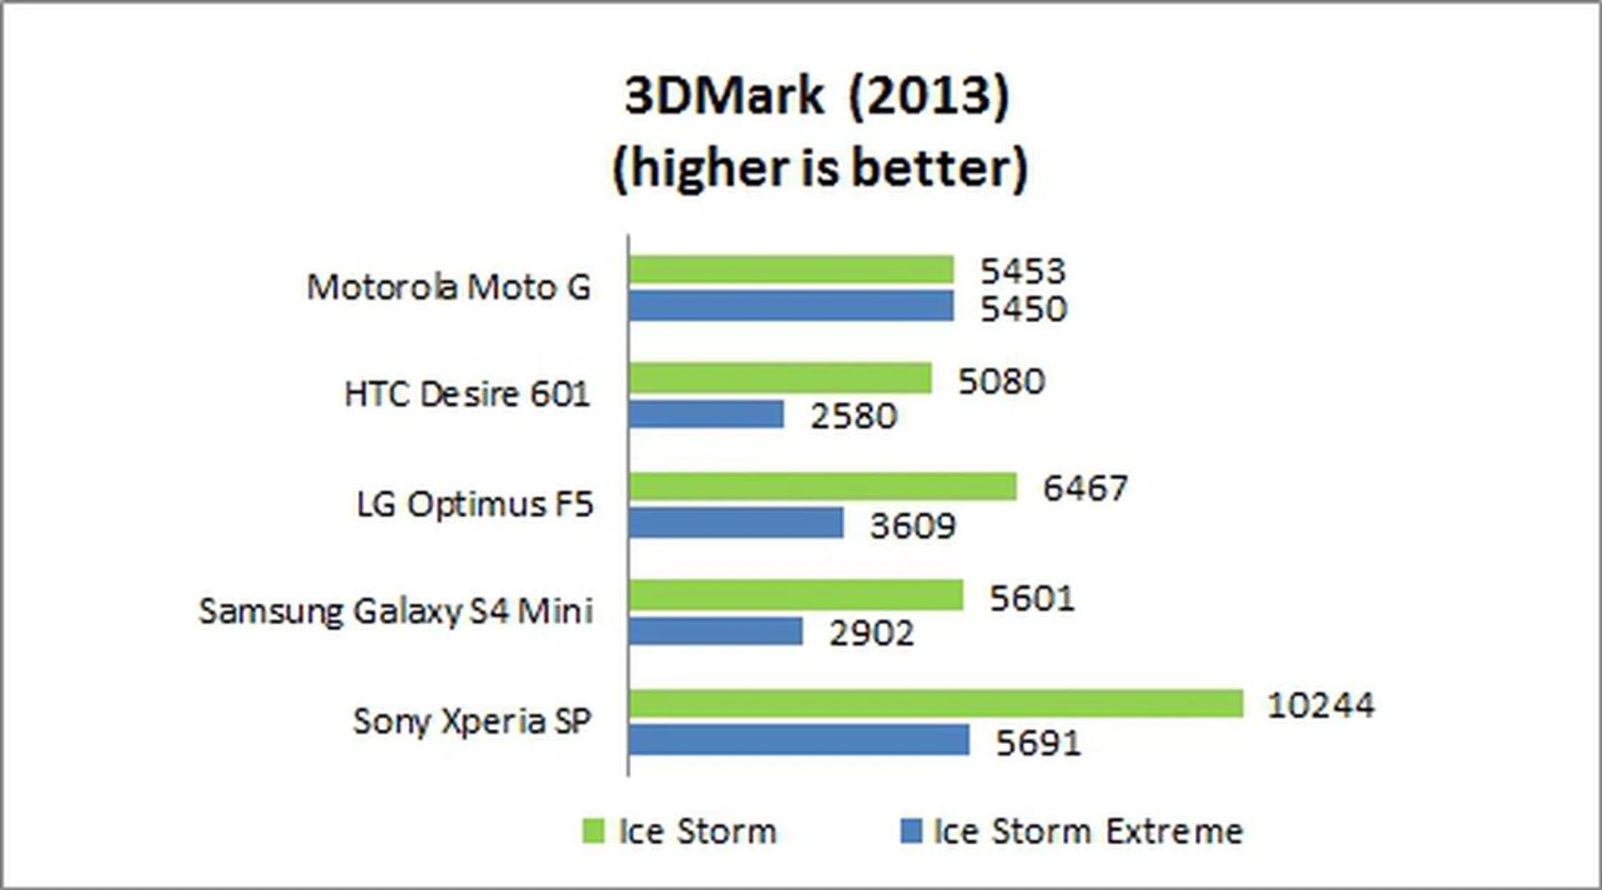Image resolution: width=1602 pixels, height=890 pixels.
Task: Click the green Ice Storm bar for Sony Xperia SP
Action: tap(935, 703)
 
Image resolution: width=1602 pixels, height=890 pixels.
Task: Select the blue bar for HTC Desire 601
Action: tap(706, 415)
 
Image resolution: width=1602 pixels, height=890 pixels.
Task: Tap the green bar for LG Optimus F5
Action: tap(823, 486)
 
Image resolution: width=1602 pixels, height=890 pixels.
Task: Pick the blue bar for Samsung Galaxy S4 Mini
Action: tap(716, 631)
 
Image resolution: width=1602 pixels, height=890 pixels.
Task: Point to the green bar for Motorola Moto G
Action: tap(791, 269)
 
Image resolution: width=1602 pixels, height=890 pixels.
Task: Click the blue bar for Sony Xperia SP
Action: tap(798, 740)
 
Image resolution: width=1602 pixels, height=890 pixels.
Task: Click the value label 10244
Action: tap(1320, 706)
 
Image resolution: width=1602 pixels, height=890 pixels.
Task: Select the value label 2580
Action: tap(853, 415)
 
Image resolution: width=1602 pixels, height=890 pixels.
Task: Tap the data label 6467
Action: tap(1085, 488)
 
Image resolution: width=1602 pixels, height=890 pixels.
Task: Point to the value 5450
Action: tap(1023, 309)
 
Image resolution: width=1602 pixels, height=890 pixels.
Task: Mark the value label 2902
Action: tap(871, 633)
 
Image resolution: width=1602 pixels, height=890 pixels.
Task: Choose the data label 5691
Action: tap(1038, 742)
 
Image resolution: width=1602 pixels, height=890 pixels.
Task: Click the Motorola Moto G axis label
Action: tap(449, 288)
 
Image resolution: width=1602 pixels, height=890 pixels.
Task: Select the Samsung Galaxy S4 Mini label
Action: tap(395, 611)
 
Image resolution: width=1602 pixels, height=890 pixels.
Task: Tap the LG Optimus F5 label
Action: tap(475, 505)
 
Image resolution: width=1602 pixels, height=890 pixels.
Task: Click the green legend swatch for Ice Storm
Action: tap(592, 831)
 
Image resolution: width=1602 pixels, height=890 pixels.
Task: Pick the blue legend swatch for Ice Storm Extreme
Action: tap(911, 831)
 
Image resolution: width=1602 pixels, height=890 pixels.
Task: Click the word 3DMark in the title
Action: tap(723, 96)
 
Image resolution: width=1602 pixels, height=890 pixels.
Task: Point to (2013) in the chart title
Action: tap(929, 96)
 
